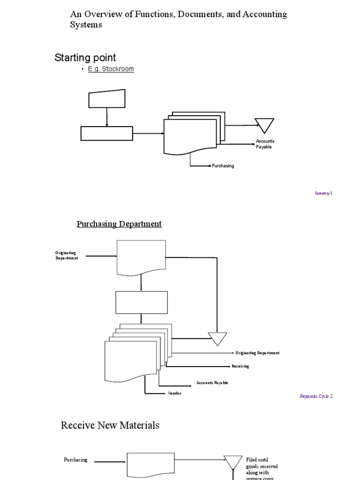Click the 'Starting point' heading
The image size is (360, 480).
click(85, 58)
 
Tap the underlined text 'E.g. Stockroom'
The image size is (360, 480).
click(111, 69)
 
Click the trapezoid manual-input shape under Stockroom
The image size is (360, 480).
click(107, 99)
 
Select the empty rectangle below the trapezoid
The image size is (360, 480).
click(107, 134)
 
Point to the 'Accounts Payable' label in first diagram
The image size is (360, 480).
click(265, 144)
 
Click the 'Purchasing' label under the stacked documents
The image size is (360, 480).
click(223, 166)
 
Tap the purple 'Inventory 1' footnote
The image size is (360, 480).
click(323, 193)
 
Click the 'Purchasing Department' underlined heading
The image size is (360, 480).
click(119, 224)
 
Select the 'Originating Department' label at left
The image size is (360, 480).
click(67, 255)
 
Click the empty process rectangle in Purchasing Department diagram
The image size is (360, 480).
click(141, 302)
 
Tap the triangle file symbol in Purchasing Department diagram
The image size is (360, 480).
click(217, 338)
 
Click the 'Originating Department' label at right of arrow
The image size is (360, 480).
click(257, 353)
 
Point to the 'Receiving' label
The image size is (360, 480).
click(240, 367)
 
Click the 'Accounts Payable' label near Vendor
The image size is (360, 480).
click(212, 383)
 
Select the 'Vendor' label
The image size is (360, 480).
click(174, 393)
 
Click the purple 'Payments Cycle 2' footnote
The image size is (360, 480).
click(316, 396)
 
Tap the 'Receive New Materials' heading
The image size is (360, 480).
click(110, 425)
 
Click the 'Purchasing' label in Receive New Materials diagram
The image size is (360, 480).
click(75, 460)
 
